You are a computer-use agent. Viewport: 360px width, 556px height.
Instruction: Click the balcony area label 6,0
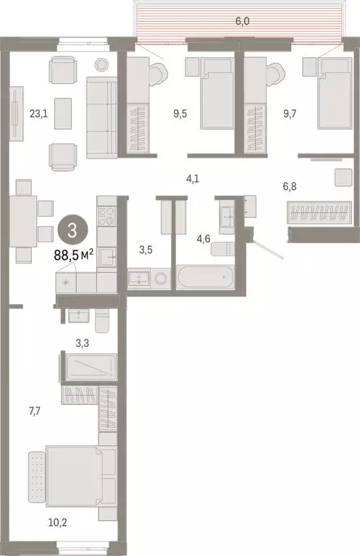coord(242,22)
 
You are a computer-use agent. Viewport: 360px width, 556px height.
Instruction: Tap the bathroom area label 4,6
coord(193,235)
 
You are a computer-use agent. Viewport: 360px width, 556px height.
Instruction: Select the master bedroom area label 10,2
coord(75,520)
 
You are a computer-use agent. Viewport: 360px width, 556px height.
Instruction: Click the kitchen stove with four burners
coord(106,216)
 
